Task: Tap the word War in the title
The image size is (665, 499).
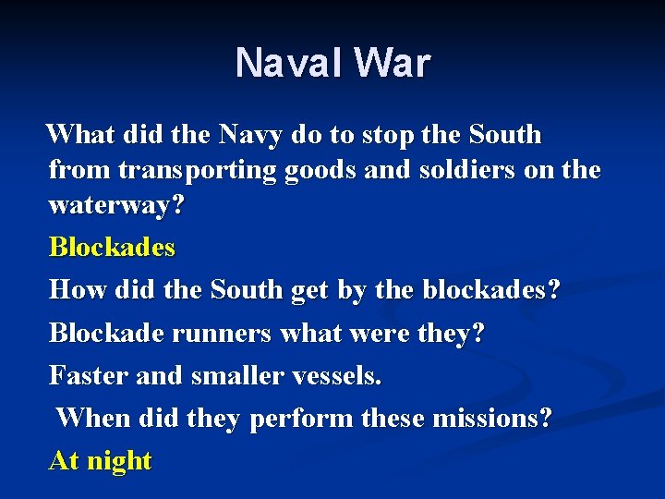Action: click(x=392, y=63)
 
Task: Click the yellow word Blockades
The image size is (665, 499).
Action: click(x=112, y=248)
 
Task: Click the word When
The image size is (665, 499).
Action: click(x=93, y=418)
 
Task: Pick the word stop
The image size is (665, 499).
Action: click(x=388, y=135)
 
